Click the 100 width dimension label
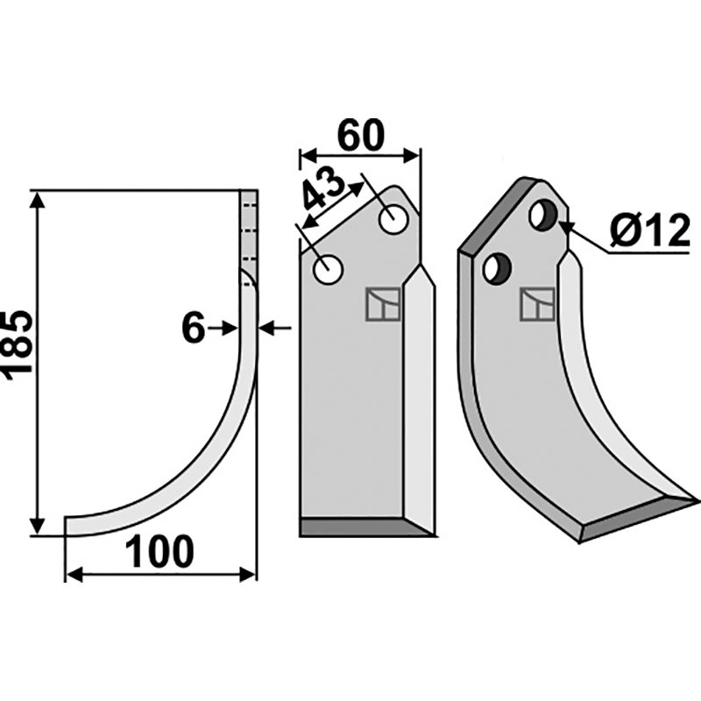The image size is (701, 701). click(x=159, y=552)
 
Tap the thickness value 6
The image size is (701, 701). click(x=193, y=328)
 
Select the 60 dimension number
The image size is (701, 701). click(x=361, y=135)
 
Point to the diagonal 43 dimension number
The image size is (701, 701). click(x=322, y=189)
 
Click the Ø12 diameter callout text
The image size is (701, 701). click(x=649, y=231)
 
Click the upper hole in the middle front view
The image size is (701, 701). click(x=393, y=219)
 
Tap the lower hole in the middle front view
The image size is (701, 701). click(x=328, y=269)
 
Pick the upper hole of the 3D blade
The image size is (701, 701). click(x=543, y=216)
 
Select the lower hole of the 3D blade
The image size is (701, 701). click(x=498, y=268)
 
